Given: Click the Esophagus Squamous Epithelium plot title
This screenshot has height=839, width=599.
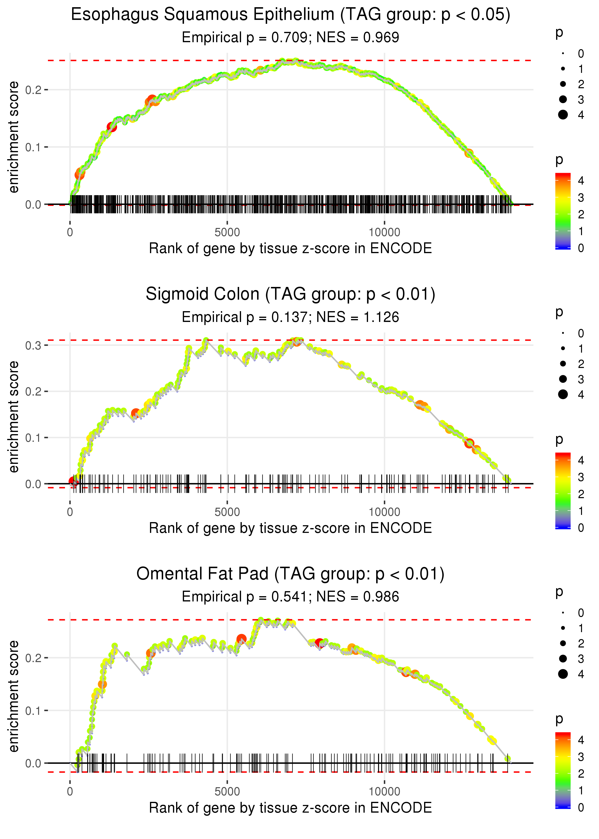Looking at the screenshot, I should [290, 15].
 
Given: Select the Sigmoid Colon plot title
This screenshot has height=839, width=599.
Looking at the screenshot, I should [290, 294].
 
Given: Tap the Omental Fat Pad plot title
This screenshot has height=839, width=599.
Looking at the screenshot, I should [290, 574].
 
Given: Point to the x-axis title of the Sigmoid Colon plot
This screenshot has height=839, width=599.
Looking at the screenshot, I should [290, 528].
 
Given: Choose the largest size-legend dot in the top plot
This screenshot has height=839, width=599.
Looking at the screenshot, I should [563, 115].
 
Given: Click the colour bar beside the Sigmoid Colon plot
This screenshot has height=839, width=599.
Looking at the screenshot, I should [563, 491].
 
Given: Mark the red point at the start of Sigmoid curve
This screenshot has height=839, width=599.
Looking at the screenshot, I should [73, 481].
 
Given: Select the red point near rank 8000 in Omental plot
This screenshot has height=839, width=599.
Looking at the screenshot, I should [319, 643].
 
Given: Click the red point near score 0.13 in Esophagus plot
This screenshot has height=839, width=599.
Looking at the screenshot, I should [112, 127].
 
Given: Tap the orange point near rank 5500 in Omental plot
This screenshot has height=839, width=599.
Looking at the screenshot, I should [242, 639].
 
